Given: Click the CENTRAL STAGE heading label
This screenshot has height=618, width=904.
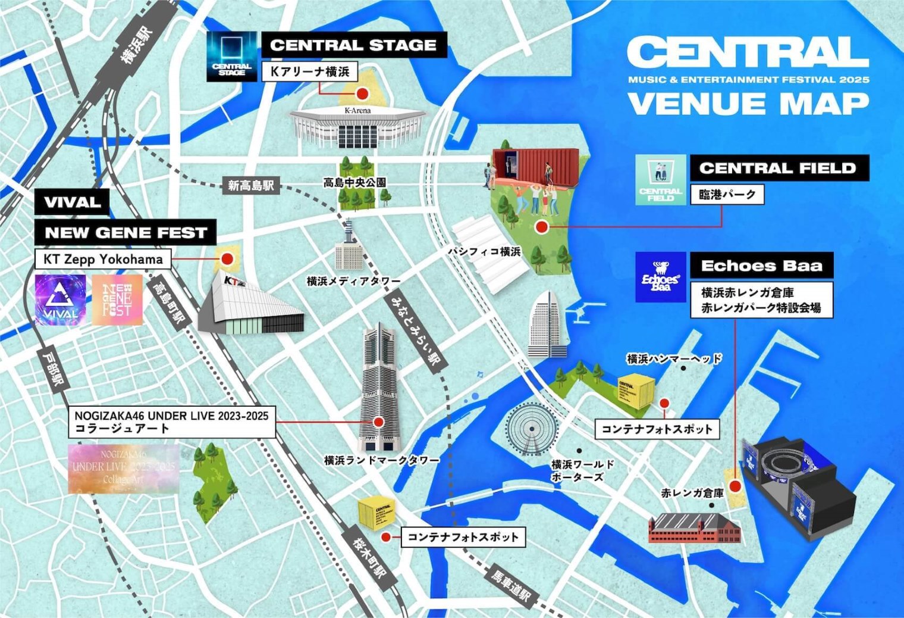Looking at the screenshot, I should pos(353,45).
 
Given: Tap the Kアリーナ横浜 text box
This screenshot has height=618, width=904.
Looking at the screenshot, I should pos(309,71).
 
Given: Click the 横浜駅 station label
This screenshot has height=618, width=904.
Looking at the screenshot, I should pos(137,45).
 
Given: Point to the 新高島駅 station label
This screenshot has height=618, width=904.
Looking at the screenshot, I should pos(251,185).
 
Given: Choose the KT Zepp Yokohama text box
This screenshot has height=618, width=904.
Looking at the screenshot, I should pos(103,259).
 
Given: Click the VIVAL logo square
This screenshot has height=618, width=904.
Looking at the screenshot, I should pos(60,300).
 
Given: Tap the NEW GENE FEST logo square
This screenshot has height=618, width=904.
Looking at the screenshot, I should pos(117,300).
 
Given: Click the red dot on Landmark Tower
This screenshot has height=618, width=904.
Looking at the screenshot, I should pos(378,422).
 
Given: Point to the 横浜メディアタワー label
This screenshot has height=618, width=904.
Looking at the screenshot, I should pos(353,281).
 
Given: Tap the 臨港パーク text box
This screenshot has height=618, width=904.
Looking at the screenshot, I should pos(727,195).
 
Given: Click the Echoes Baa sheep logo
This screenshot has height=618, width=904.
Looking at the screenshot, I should pos(660,277).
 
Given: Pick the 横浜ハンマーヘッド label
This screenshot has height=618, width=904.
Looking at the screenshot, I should pos(674,358).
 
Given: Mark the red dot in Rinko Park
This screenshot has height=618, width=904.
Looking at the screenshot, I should pos(541,227).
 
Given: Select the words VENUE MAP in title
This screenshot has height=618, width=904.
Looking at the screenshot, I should pos(748,104).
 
